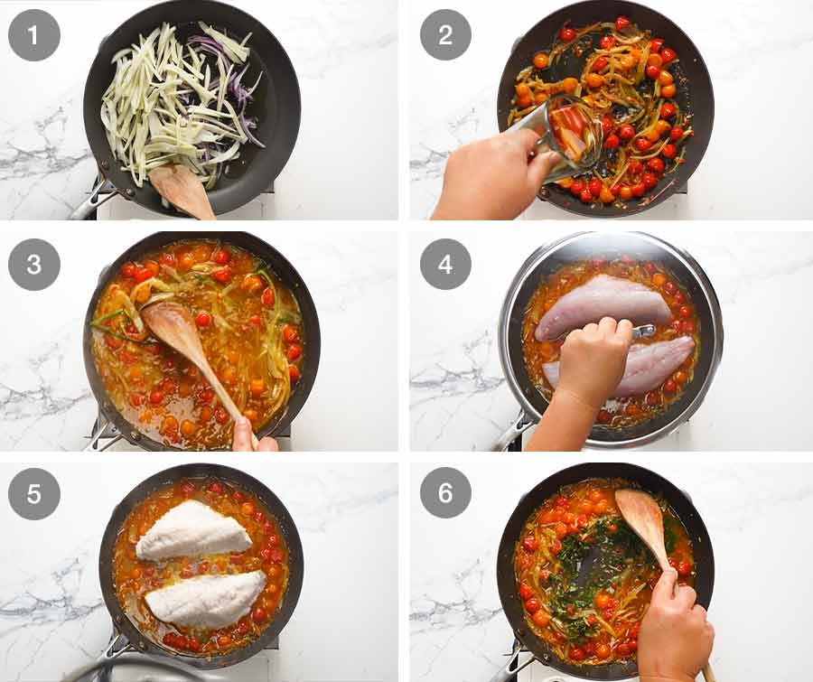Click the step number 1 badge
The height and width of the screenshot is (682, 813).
34,34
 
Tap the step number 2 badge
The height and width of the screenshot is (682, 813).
445,34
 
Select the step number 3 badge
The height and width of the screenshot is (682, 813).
34,264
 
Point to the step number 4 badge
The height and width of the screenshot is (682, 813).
445,264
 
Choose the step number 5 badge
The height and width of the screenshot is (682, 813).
34,493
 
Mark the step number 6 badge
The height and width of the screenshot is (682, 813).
445,493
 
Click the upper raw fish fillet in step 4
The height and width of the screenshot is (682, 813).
603,307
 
